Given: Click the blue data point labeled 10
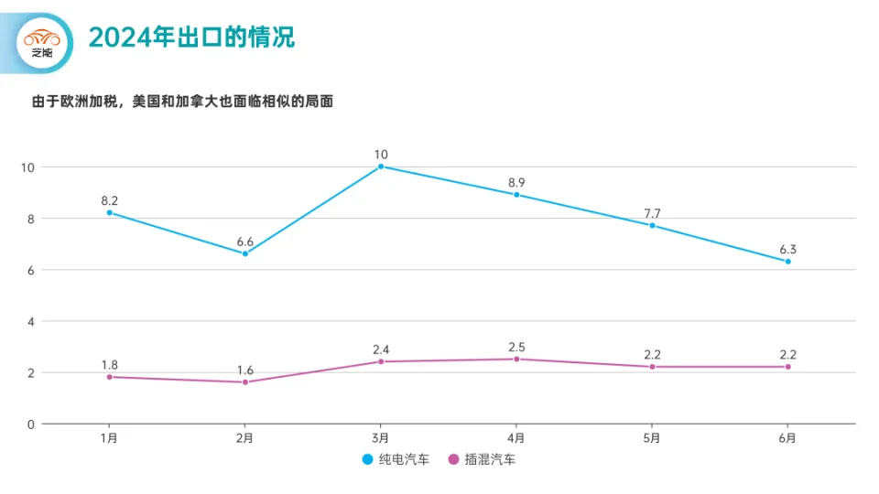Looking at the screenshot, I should (381, 166).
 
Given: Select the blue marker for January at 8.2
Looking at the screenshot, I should (109, 212).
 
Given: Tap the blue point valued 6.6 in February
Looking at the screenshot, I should (245, 253).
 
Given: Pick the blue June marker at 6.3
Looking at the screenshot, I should (787, 262).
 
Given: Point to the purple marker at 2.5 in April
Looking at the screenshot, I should (516, 359).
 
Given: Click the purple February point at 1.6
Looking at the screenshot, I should (245, 382).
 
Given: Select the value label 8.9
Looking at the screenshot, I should (516, 183).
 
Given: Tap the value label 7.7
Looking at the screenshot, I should (652, 213).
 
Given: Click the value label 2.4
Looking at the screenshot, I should (381, 349).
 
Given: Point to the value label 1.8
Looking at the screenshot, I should (109, 365).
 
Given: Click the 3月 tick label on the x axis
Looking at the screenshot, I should (381, 438).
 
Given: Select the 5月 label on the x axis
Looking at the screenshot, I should (652, 438).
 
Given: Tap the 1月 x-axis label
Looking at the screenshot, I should (109, 438).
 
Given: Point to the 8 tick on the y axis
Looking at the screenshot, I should (30, 219).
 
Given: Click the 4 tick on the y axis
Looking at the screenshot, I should (30, 321).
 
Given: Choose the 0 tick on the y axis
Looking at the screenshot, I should (30, 424).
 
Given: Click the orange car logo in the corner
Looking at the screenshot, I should (41, 40).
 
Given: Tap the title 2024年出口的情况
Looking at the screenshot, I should (191, 38).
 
